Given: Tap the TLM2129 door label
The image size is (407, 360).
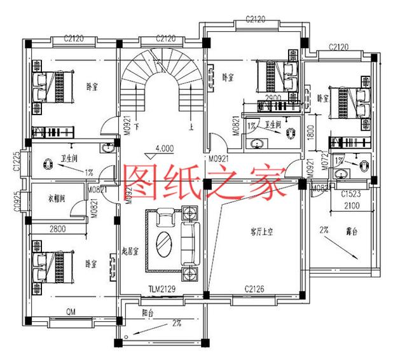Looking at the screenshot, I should click(x=162, y=289).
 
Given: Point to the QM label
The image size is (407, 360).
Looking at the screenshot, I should click(x=72, y=312).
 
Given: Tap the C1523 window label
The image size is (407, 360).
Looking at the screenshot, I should click(x=352, y=193).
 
